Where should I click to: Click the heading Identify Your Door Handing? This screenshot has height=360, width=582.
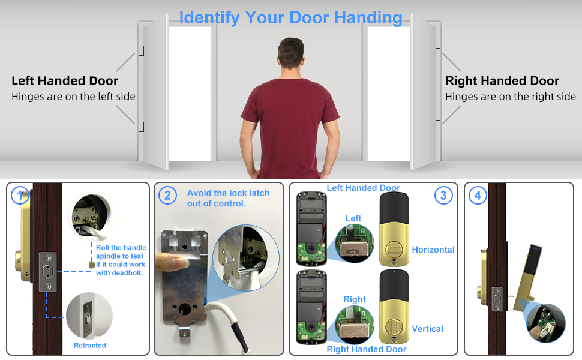tap(290, 17)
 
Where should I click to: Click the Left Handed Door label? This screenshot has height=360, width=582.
tap(65, 81)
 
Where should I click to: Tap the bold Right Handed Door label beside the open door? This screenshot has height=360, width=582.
tap(502, 81)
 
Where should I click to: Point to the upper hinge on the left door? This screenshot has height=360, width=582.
tap(141, 50)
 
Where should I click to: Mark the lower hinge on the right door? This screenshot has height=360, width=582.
tap(438, 125)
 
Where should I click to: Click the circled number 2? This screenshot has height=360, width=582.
tap(167, 195)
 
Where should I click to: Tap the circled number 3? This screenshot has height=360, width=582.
tap(443, 195)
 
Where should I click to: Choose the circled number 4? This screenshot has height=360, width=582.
tap(477, 195)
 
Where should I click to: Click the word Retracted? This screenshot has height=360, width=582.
tap(90, 346)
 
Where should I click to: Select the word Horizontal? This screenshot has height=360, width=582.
tap(433, 250)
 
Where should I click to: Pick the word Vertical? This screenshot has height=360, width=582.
tap(428, 329)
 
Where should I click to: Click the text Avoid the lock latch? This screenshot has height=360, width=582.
tap(228, 193)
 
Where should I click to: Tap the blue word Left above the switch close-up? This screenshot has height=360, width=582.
tap(353, 218)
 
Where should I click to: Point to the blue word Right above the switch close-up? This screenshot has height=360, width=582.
tap(355, 299)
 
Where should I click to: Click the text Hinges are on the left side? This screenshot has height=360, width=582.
tap(73, 97)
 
